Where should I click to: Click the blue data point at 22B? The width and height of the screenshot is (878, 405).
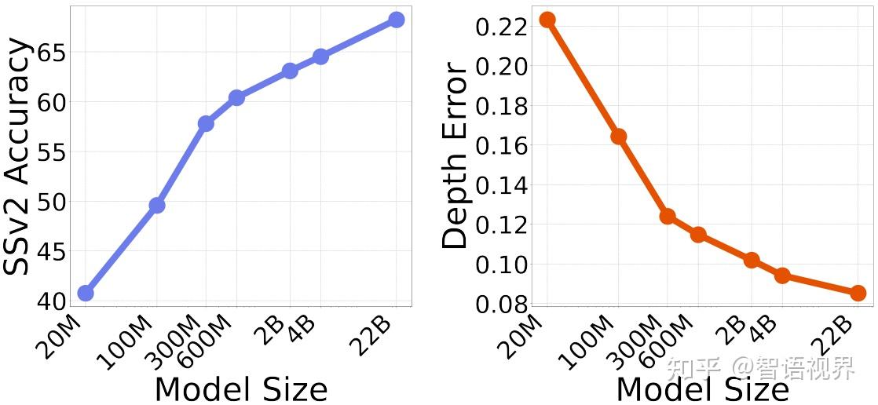coord(396,20)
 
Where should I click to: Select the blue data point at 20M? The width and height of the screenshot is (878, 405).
coord(86,293)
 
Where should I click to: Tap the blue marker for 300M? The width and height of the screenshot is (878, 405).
coord(206,123)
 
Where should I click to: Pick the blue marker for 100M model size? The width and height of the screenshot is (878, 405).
coord(156,205)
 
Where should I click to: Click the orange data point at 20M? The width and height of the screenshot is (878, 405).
coord(547,20)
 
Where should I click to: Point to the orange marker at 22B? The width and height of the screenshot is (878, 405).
coord(858,293)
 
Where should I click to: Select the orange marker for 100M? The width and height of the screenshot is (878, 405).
coord(618,136)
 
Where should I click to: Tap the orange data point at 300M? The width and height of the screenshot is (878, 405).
coord(668,216)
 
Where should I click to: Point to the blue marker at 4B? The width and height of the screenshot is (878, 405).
coord(320,57)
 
